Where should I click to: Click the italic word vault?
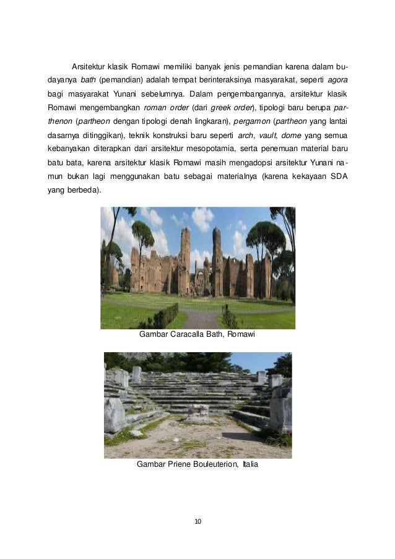(267, 136)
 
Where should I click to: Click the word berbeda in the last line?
(84, 191)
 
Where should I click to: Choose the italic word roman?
(154, 108)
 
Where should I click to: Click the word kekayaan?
(306, 177)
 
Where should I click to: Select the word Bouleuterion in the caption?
(215, 464)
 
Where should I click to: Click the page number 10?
(197, 521)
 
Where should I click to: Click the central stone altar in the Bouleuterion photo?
(199, 412)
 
